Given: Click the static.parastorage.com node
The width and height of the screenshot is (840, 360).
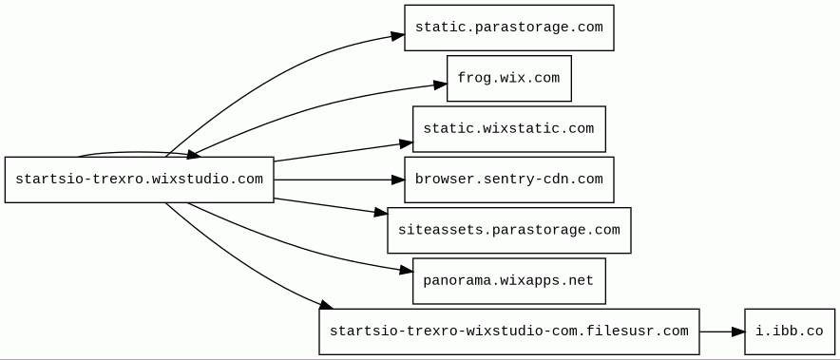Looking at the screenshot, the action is (509, 28).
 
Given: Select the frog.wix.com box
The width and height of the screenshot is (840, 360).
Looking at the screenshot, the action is (509, 78).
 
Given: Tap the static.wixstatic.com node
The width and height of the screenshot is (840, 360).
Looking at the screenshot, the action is (509, 129).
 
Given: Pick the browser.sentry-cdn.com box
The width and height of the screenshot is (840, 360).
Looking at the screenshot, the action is (509, 180).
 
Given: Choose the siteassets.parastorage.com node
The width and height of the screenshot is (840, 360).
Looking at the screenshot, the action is (509, 231).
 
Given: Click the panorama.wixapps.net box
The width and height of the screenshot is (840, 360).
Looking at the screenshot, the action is (509, 281).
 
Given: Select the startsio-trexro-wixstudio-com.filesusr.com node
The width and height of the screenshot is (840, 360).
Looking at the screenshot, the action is (509, 332).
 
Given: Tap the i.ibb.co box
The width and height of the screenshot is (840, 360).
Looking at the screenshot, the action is (790, 332).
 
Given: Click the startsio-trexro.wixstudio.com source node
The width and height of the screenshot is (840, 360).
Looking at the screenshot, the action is (140, 180).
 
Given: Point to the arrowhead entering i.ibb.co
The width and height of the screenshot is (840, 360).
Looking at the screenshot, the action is (738, 332).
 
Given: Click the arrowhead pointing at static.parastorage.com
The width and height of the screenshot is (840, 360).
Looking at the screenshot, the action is (397, 36).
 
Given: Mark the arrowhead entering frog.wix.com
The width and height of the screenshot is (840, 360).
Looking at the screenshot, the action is (440, 85).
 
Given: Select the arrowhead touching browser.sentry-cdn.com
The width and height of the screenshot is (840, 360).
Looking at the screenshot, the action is (398, 180).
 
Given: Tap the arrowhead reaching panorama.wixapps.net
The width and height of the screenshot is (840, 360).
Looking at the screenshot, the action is (407, 271).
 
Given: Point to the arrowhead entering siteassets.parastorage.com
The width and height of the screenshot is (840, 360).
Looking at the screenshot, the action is (381, 213).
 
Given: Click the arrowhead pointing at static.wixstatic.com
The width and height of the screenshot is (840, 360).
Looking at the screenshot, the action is (406, 143).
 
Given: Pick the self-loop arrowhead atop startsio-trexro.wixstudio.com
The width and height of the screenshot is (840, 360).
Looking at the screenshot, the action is (193, 155).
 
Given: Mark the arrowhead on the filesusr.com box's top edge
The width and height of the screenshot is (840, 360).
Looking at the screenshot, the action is (326, 305).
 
